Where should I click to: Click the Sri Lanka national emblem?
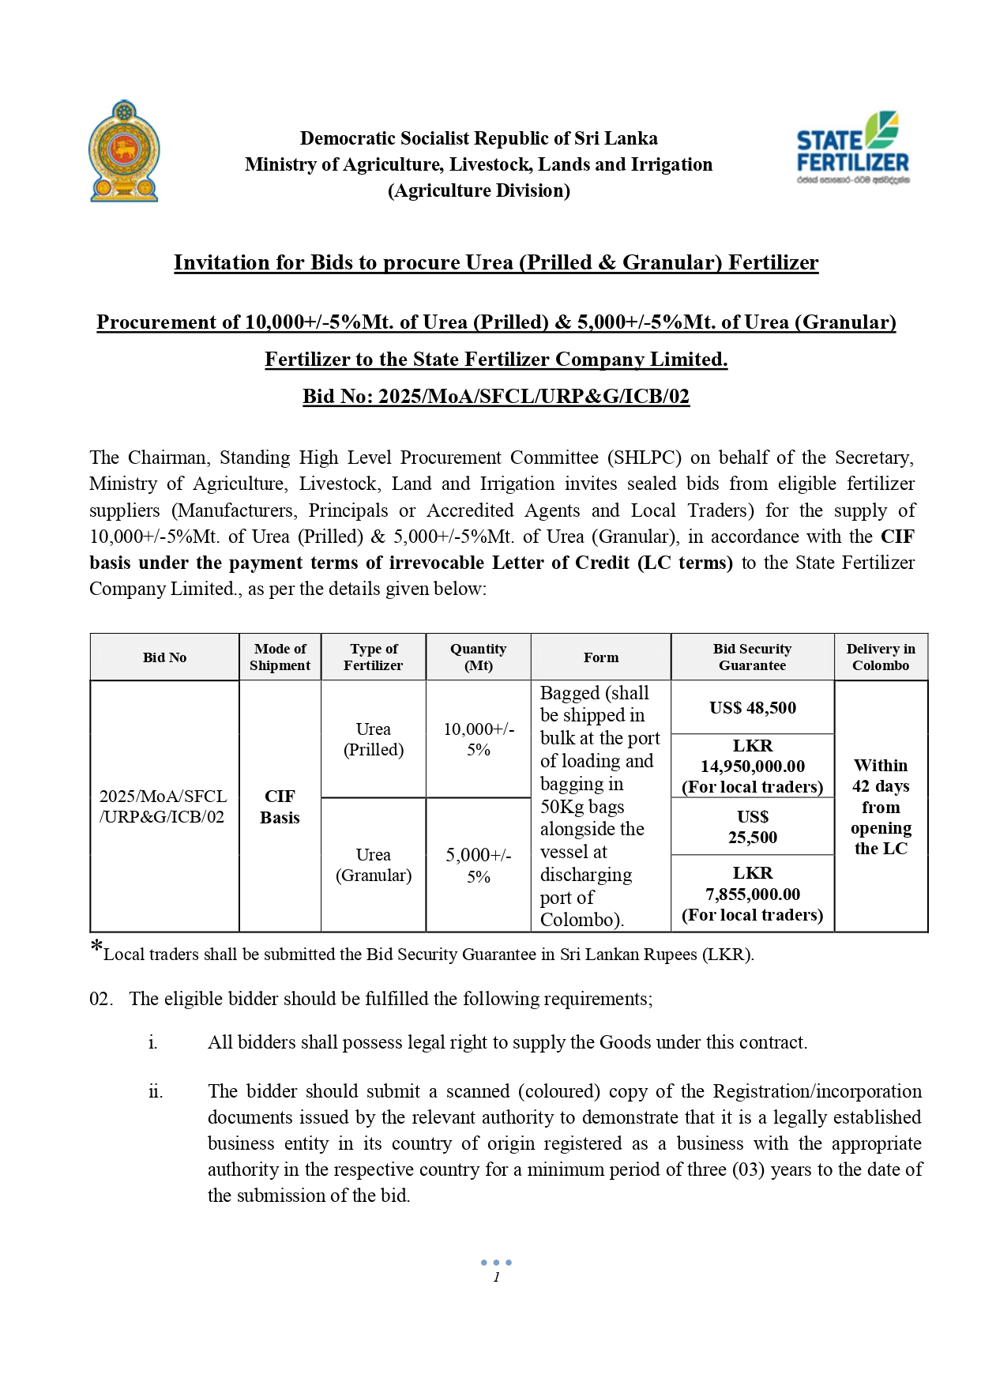click(x=124, y=151)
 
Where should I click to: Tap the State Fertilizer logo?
click(x=852, y=148)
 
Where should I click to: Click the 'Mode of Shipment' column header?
click(x=280, y=657)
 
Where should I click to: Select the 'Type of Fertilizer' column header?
click(x=373, y=657)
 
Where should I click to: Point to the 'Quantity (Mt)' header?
click(x=478, y=657)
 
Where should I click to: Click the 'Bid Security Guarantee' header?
click(x=752, y=657)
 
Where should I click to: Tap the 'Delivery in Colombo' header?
click(x=880, y=657)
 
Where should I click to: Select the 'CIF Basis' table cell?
click(x=280, y=806)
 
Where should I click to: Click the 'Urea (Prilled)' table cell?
click(x=373, y=739)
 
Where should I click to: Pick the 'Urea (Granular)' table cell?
click(x=373, y=864)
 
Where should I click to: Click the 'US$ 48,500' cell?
click(x=752, y=707)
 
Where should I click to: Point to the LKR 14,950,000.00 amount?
click(x=752, y=766)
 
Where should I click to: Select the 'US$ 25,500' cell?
click(x=752, y=827)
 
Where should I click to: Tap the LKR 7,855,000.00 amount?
click(x=752, y=894)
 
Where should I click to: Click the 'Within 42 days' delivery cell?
click(x=880, y=806)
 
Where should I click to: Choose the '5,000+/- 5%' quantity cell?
click(x=478, y=865)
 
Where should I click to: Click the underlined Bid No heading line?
click(x=496, y=396)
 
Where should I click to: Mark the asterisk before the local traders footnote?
click(x=96, y=947)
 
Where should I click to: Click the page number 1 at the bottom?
click(x=496, y=1277)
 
